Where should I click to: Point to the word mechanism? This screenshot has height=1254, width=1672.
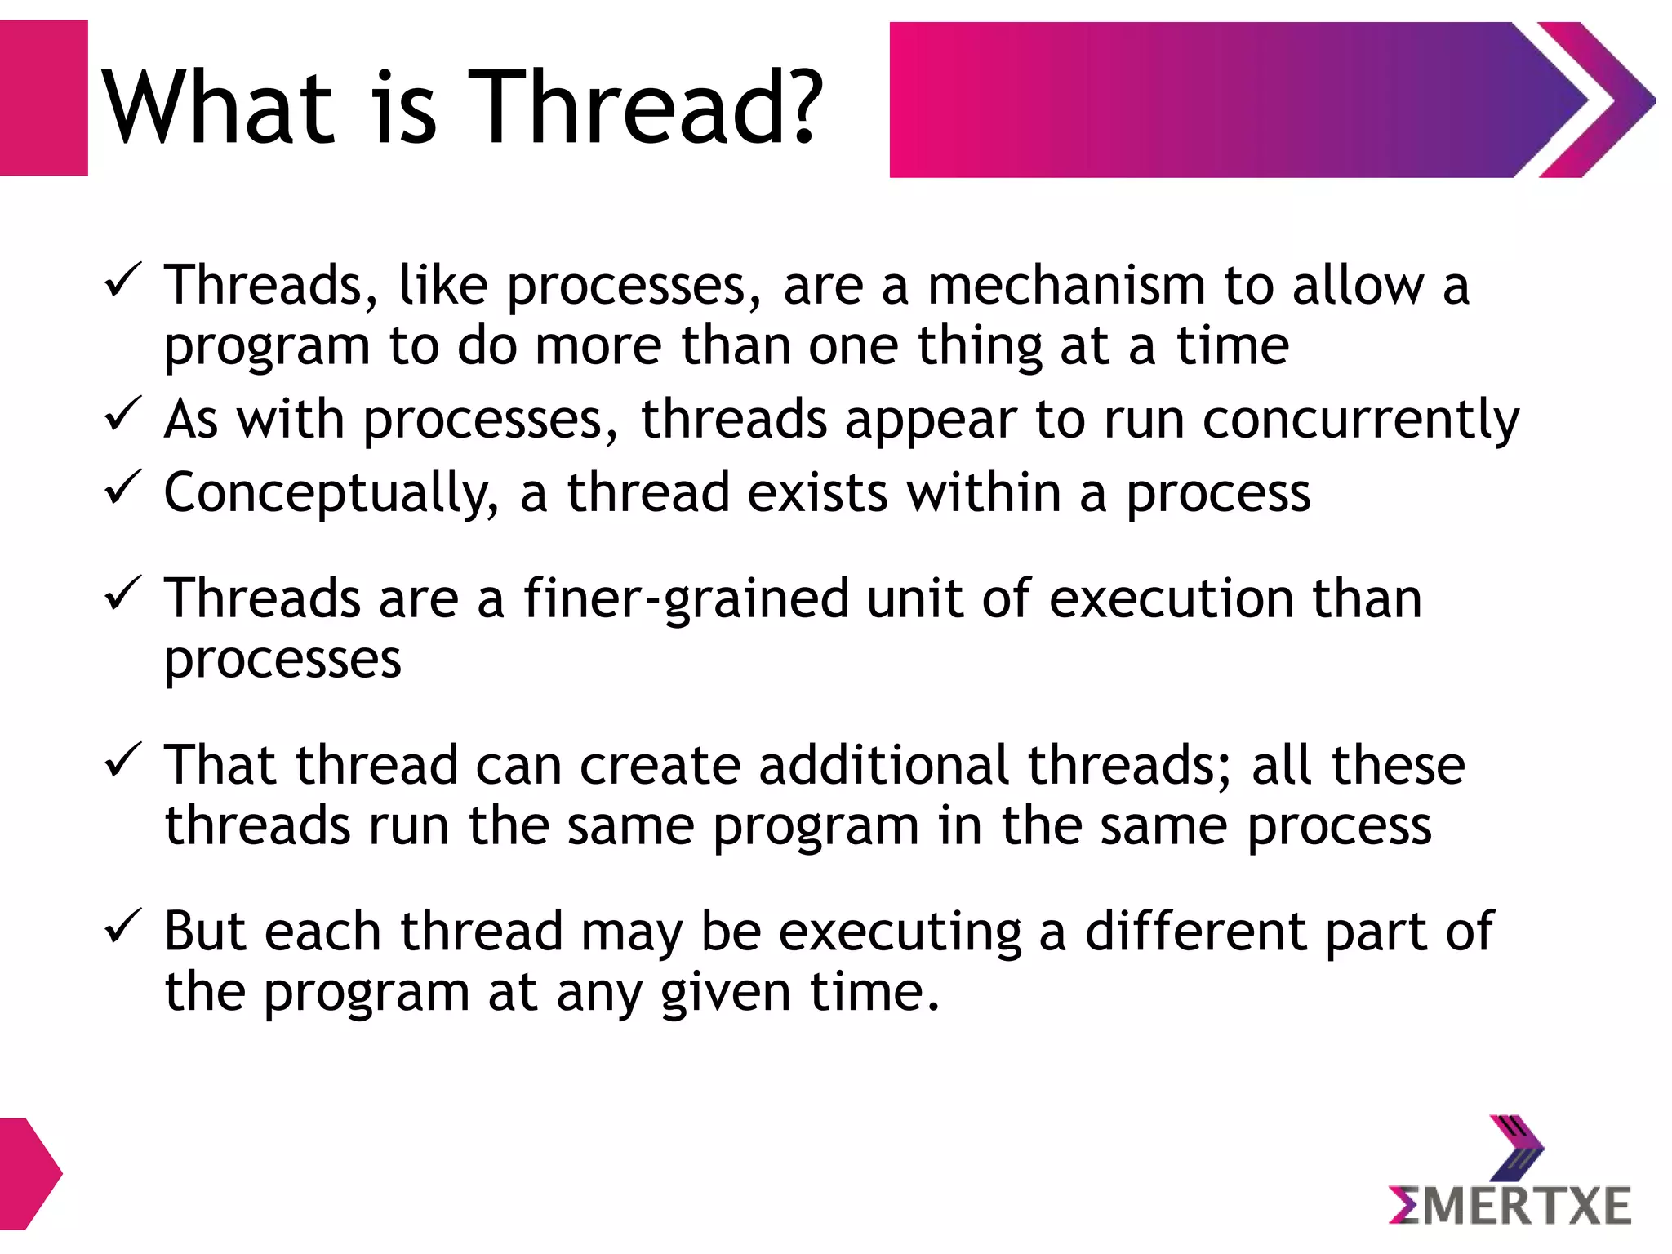tap(1066, 287)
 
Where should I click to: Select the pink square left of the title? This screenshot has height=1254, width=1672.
tap(43, 98)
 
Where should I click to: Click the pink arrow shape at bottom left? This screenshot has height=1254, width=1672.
tap(29, 1174)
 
